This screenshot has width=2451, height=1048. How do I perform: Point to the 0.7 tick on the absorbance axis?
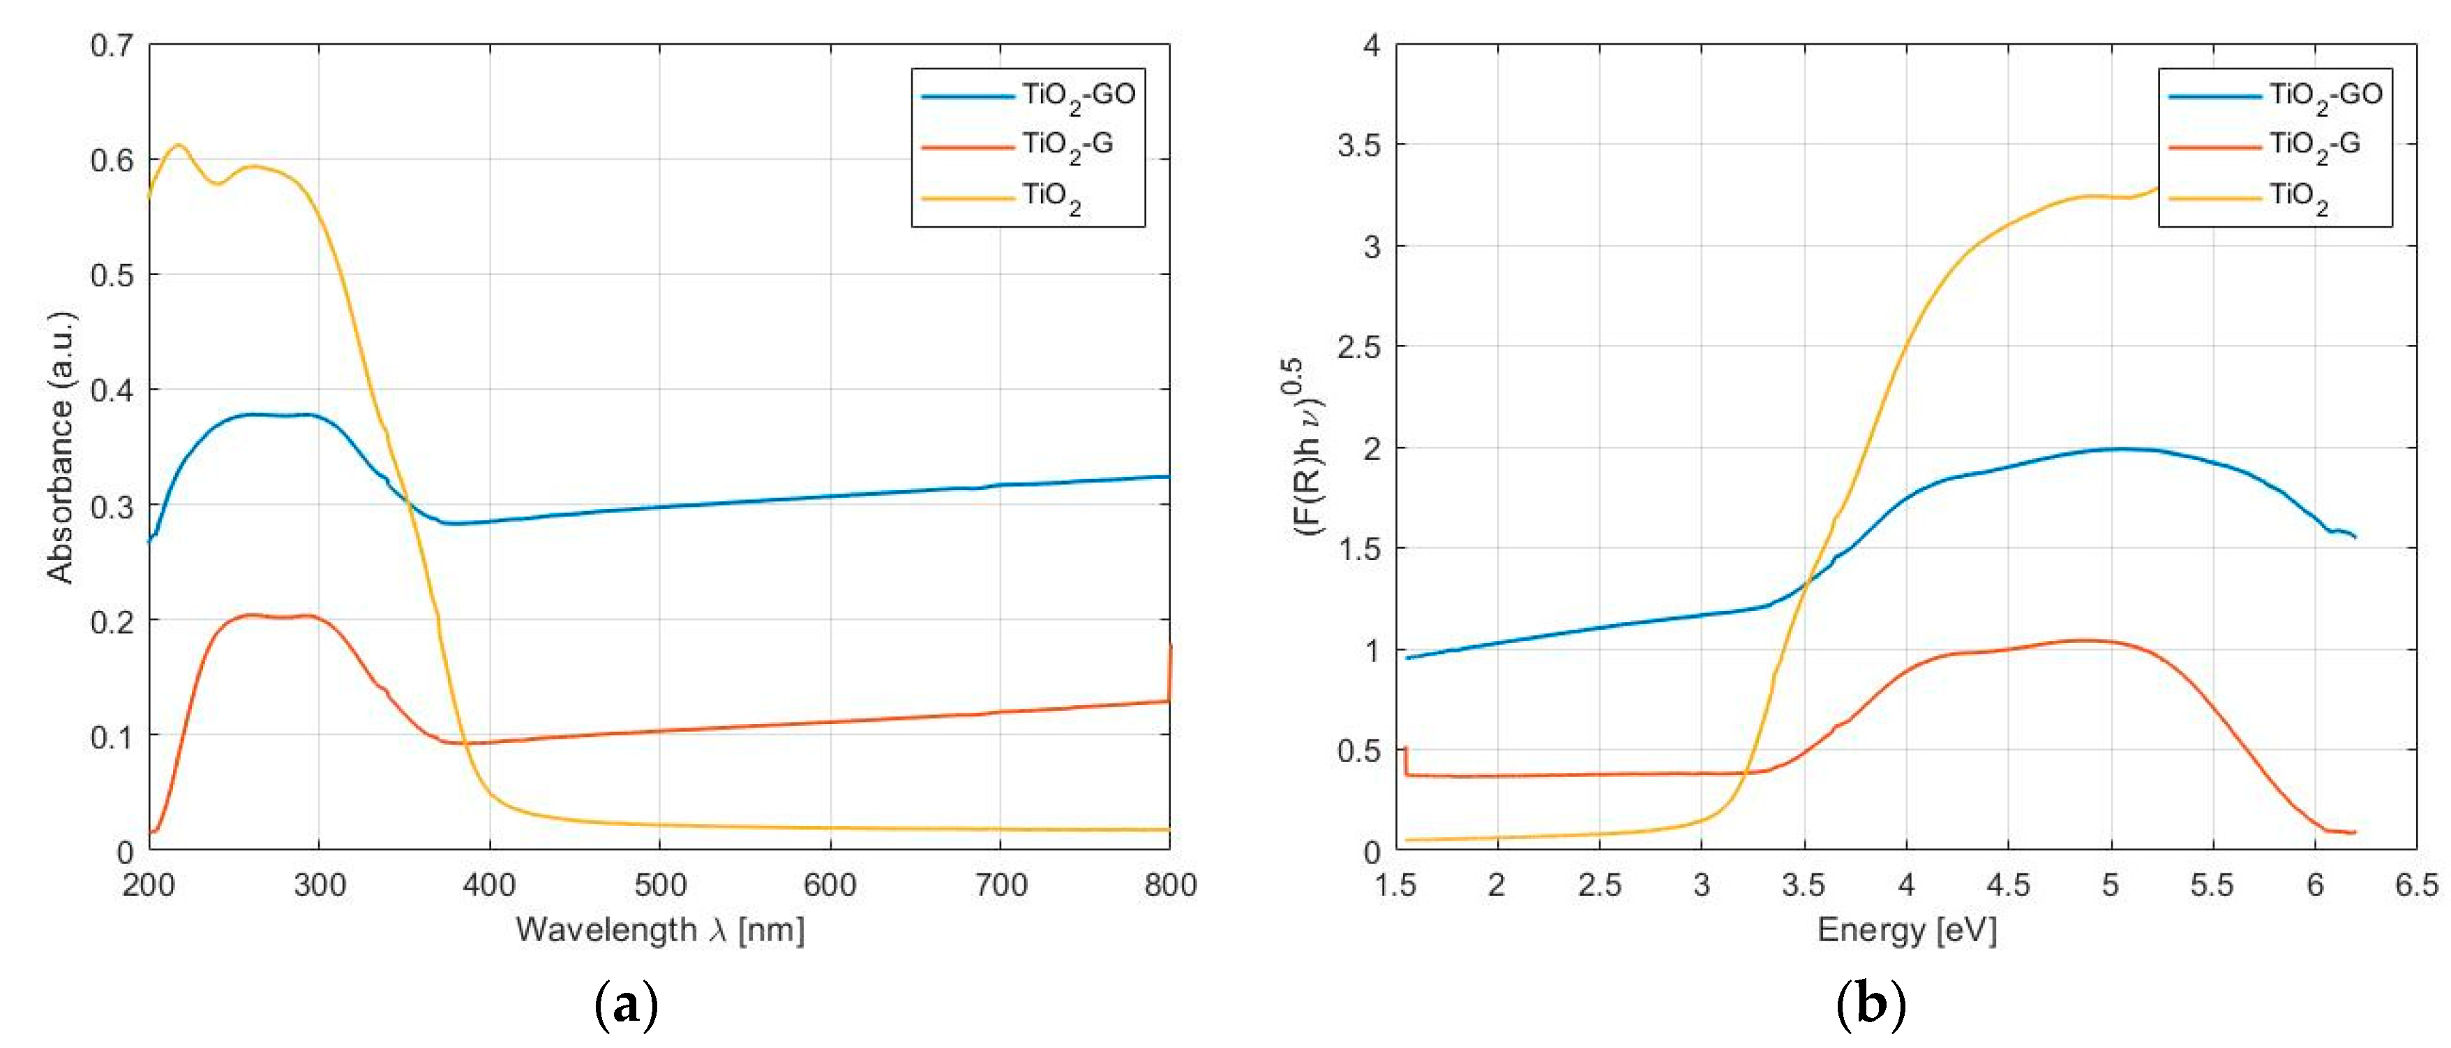(x=112, y=45)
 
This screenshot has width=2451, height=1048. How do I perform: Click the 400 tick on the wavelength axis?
(x=489, y=885)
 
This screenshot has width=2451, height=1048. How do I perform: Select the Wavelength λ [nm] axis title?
(x=659, y=929)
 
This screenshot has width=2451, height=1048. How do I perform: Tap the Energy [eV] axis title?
(x=1907, y=929)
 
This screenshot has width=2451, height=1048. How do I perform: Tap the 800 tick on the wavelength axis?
(x=1169, y=885)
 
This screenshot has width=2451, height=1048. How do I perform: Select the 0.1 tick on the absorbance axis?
(x=112, y=737)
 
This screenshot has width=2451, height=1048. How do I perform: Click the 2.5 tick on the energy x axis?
(x=1599, y=885)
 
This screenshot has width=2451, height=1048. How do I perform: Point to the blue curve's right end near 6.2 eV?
(x=2355, y=538)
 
